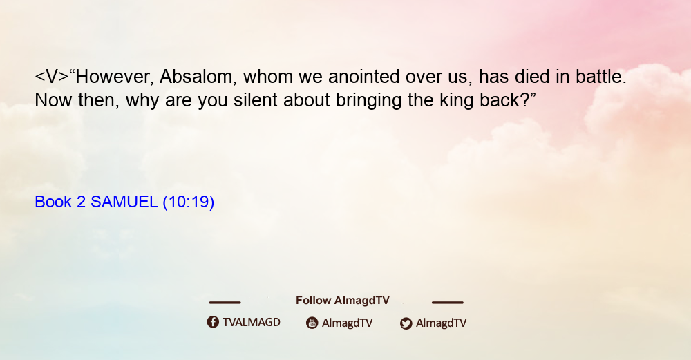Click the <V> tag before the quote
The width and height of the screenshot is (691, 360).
click(x=52, y=77)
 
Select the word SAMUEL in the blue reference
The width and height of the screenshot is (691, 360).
click(x=124, y=202)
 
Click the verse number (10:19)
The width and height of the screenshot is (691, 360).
click(x=189, y=202)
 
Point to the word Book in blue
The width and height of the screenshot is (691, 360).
click(x=53, y=202)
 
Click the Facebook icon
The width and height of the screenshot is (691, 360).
click(x=213, y=322)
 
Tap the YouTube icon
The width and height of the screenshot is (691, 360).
click(x=312, y=323)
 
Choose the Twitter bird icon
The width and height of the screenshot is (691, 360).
click(x=406, y=323)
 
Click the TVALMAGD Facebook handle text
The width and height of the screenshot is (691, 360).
click(x=252, y=323)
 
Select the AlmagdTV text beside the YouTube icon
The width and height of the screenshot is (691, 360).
click(x=348, y=323)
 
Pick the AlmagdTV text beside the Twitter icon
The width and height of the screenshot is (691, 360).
click(x=441, y=323)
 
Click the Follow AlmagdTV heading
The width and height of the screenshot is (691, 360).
click(x=343, y=301)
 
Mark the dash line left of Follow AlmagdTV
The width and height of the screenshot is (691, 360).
click(x=225, y=303)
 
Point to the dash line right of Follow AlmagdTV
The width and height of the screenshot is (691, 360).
click(x=448, y=303)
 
